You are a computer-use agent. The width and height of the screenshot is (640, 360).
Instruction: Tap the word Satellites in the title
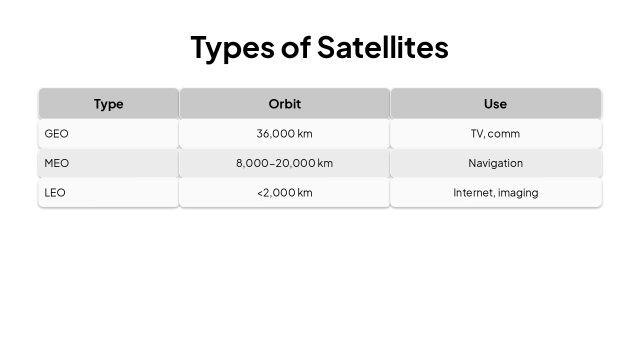382,47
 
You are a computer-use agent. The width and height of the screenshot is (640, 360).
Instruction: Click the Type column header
108,104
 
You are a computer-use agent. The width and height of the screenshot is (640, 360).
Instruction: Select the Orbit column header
284,104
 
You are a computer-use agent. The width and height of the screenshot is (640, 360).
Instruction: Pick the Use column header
495,104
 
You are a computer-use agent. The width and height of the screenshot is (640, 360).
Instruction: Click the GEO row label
56,133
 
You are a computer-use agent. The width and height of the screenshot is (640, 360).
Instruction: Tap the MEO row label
56,163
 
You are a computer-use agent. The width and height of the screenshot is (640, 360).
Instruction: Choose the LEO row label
55,192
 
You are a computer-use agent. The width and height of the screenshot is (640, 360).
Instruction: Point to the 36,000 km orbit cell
284,133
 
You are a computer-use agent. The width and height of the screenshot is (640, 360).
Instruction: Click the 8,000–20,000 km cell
284,163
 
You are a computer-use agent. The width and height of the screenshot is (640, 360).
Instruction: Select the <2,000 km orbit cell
284,192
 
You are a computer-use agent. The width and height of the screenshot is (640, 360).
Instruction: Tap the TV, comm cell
495,133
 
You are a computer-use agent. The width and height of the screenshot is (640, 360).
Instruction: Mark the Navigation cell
495,163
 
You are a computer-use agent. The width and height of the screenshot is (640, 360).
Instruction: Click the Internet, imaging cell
495,192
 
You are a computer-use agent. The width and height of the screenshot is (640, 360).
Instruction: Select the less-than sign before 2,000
260,193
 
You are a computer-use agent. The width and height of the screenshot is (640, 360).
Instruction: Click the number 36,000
275,133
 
